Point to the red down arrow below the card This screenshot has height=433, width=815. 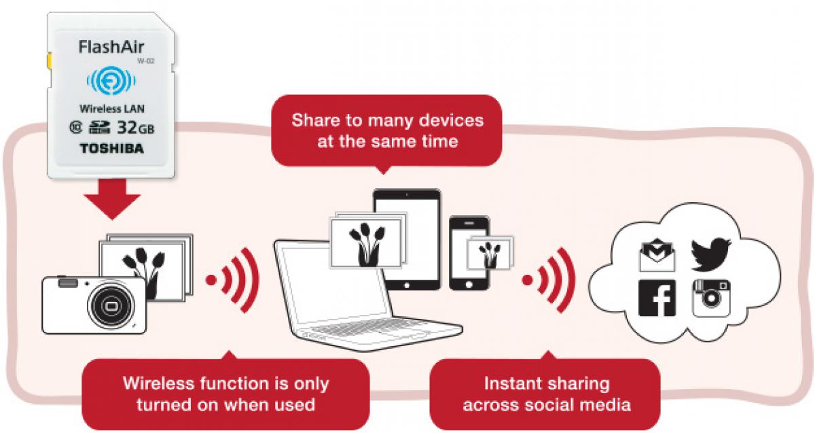tap(112, 196)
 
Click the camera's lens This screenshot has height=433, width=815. tap(109, 306)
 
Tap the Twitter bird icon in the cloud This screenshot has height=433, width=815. tap(710, 253)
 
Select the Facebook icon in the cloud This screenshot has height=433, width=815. tap(657, 297)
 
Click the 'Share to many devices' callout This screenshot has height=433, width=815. tap(387, 130)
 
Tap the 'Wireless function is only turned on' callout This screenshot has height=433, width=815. tap(225, 394)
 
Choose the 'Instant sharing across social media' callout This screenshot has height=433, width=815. tap(546, 394)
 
